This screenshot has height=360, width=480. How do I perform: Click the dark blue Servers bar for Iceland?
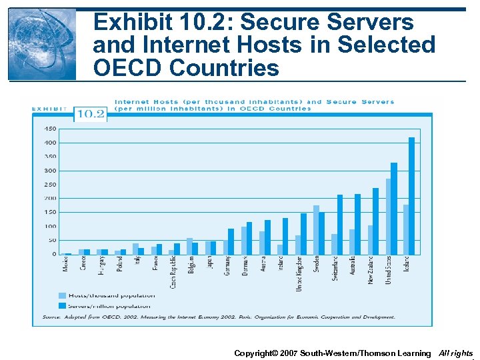[411, 196]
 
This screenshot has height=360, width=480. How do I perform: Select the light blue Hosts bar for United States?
[388, 217]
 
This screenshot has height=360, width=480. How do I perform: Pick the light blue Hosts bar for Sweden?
[316, 230]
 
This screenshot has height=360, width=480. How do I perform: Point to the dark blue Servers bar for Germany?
[231, 241]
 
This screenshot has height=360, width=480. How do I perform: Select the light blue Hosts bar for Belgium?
[189, 246]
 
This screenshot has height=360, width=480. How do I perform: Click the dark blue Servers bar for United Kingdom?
[303, 234]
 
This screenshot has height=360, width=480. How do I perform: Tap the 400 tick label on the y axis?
[50, 143]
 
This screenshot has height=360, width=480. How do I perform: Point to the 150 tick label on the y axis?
[50, 213]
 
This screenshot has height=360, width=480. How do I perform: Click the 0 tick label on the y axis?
[54, 254]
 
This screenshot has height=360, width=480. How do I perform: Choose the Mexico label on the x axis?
[66, 264]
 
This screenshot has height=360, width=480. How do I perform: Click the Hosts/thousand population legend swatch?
[63, 295]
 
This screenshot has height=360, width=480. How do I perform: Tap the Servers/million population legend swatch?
[63, 306]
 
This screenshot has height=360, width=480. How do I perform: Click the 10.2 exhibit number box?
[90, 114]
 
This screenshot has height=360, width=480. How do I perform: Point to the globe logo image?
[42, 45]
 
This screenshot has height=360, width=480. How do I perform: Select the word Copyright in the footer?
[253, 353]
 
